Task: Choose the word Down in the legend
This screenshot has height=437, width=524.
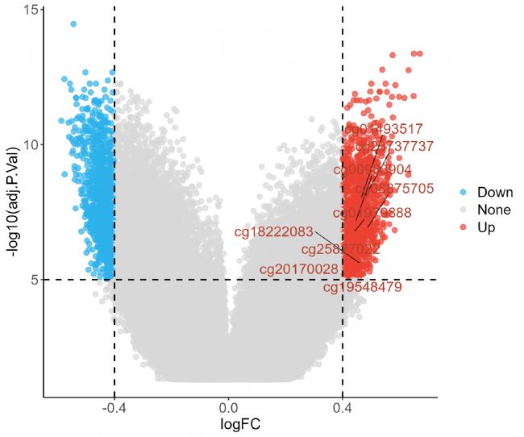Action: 495,193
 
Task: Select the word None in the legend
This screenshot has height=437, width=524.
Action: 493,210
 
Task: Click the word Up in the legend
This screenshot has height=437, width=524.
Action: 486,228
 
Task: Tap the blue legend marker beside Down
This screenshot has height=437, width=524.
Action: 463,193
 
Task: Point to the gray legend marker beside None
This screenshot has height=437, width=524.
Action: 463,210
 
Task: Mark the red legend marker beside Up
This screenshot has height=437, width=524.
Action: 463,228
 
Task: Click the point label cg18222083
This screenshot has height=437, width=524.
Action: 273,232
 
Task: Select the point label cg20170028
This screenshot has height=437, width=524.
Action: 298,268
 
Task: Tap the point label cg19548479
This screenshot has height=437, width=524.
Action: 362,286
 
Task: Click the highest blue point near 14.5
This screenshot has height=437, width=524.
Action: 73,24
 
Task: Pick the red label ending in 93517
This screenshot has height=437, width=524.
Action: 384,129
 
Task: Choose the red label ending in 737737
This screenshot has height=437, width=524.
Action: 395,147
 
